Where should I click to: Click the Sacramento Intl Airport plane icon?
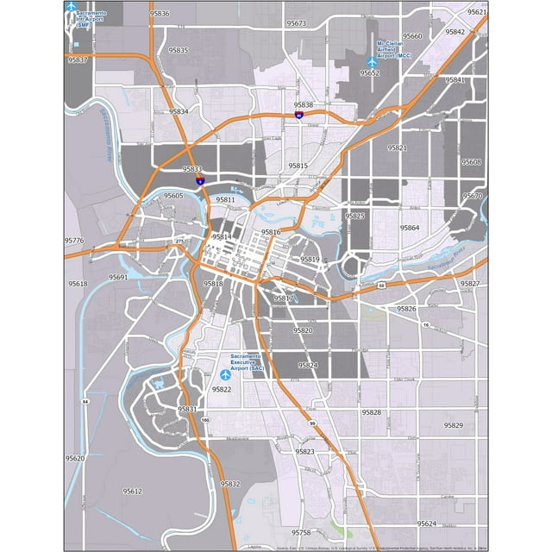tap(70, 7)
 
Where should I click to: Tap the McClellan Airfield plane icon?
tap(372, 62)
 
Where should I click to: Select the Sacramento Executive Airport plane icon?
tap(225, 374)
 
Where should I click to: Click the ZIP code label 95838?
tap(304, 105)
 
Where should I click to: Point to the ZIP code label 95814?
tap(222, 236)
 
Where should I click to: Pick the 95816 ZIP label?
tap(271, 233)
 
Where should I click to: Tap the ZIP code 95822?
tap(221, 390)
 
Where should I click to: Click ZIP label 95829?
tap(453, 425)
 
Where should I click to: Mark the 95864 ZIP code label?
tap(410, 228)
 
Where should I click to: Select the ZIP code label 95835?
tap(179, 51)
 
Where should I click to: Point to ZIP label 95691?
tap(118, 277)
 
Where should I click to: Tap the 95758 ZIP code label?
tap(300, 533)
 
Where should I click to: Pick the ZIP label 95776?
tap(74, 241)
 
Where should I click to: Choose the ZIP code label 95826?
tap(406, 308)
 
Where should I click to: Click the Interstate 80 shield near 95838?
tap(298, 115)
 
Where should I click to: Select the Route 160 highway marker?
tap(204, 420)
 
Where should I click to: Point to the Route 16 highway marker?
tap(426, 323)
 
